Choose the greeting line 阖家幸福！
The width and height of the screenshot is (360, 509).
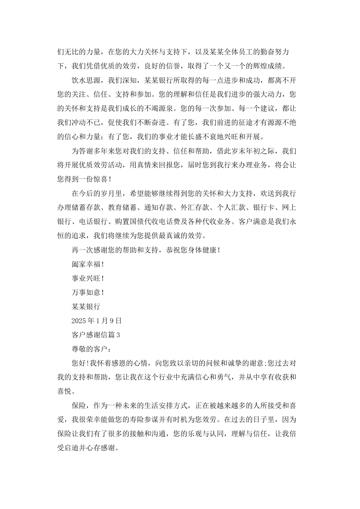tap(88, 264)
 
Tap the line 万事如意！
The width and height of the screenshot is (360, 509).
tap(88, 292)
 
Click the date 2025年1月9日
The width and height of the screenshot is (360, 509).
tap(97, 321)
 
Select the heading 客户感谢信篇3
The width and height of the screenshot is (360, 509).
tap(96, 335)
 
